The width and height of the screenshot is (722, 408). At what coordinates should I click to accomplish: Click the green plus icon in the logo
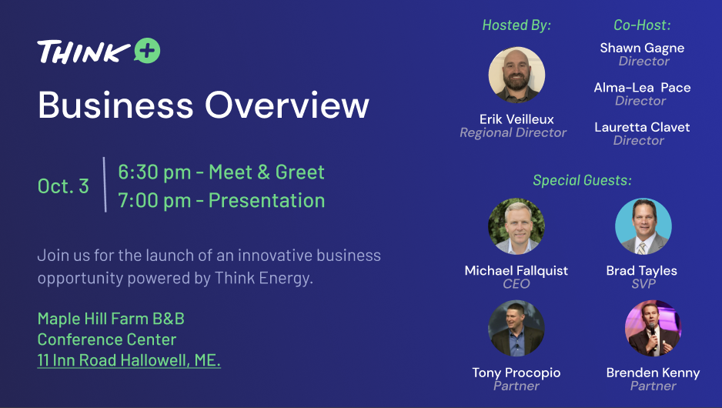click(147, 50)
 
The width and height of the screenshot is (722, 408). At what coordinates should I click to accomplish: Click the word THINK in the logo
click(84, 52)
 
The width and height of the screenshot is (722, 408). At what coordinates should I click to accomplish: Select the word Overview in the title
click(287, 105)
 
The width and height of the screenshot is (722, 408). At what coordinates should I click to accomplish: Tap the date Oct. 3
click(63, 186)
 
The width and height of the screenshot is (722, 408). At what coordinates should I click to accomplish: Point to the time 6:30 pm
click(154, 172)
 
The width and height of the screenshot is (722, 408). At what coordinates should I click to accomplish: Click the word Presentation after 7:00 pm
click(266, 200)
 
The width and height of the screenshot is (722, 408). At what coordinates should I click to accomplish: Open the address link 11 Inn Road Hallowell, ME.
click(129, 360)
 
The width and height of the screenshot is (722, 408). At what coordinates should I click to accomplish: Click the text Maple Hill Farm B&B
click(111, 319)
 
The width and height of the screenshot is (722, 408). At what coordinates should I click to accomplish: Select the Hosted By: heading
click(516, 25)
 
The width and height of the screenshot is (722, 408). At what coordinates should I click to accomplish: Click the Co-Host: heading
click(642, 25)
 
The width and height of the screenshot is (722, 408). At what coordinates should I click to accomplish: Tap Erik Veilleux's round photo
click(516, 75)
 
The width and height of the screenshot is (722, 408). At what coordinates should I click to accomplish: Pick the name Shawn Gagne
click(642, 48)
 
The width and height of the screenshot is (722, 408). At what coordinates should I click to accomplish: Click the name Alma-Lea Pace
click(642, 88)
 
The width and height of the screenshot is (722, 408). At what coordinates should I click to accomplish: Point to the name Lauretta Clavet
click(642, 127)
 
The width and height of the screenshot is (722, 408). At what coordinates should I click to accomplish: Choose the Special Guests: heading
click(582, 180)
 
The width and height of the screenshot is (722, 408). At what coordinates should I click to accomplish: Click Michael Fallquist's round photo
click(516, 226)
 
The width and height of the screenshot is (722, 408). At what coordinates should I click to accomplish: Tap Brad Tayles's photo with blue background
click(643, 226)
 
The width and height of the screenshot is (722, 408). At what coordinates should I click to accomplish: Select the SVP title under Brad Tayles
click(643, 283)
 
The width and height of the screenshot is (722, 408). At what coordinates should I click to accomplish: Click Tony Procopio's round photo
click(516, 329)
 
